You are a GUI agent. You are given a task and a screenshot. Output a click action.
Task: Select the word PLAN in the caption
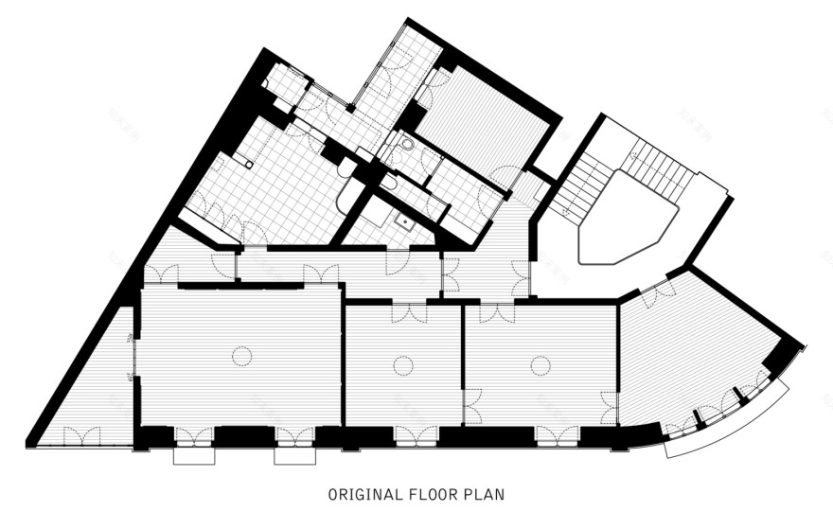pos(484,495)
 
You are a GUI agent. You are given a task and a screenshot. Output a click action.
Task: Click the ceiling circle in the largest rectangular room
pos(241,355)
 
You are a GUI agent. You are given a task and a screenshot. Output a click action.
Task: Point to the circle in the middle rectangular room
pos(403,366)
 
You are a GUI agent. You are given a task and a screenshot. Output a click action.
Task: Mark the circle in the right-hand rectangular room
pos(541,365)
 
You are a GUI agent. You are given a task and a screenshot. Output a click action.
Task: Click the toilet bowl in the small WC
pos(407,144)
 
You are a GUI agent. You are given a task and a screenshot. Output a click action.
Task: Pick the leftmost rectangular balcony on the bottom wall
pos(195,456)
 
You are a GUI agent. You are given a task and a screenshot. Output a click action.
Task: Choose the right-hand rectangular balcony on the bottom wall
pos(294,456)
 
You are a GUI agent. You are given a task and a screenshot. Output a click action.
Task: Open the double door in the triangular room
pos(81,435)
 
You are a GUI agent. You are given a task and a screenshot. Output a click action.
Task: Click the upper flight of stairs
pos(659,167)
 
